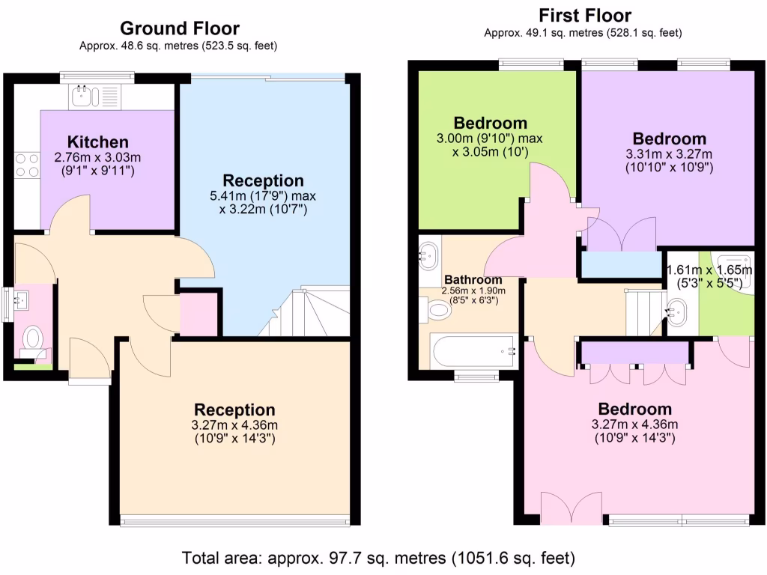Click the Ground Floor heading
[180, 28]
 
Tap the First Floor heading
[584, 15]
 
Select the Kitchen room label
[97, 142]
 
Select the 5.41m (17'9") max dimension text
[264, 196]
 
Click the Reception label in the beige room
[234, 410]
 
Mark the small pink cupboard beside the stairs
[198, 314]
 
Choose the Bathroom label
[462, 279]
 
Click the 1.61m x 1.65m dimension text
[709, 270]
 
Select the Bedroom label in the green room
[491, 123]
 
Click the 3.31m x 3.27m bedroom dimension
[669, 154]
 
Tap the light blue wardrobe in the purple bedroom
[622, 264]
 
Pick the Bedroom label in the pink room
[634, 409]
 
